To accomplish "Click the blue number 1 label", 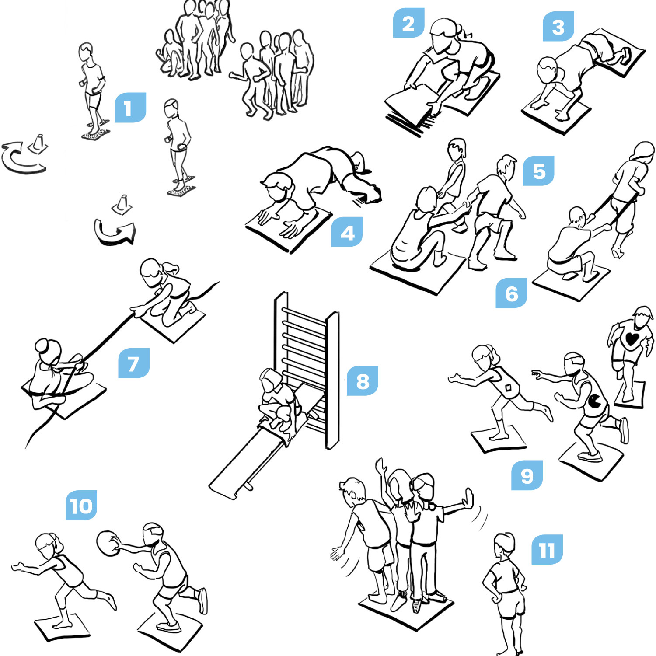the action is pyautogui.click(x=130, y=108).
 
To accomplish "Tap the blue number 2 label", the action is pyautogui.click(x=408, y=23).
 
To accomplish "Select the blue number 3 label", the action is pyautogui.click(x=558, y=26).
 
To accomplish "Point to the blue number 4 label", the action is pyautogui.click(x=347, y=232).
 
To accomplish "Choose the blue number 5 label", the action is pyautogui.click(x=538, y=171).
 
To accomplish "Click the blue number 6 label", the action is pyautogui.click(x=511, y=293).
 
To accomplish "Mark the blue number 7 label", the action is pyautogui.click(x=134, y=363).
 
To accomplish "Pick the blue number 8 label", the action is pyautogui.click(x=362, y=381).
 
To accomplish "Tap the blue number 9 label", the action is pyautogui.click(x=527, y=475).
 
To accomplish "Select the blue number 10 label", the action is pyautogui.click(x=81, y=506).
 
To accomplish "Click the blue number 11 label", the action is pyautogui.click(x=547, y=550).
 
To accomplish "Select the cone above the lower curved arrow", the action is pyautogui.click(x=122, y=205).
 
